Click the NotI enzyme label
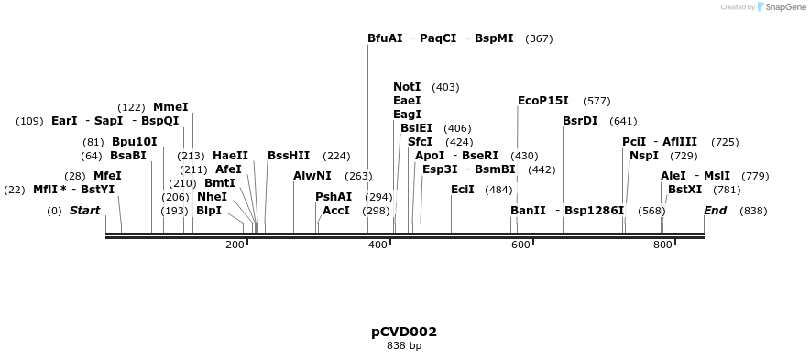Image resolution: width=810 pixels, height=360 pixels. point(407,87)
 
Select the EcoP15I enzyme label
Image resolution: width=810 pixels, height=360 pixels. point(543,101)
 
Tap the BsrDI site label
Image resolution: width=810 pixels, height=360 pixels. point(580,121)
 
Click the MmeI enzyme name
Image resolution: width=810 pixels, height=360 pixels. point(170,107)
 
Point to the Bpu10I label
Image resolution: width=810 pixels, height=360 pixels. point(134,142)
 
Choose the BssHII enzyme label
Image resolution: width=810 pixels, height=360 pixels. point(289,156)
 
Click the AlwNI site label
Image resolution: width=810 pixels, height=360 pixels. point(312,176)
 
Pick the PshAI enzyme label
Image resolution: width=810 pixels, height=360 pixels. point(334,197)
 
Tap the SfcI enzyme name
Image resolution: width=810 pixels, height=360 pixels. point(420,142)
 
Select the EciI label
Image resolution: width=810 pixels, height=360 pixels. point(463,190)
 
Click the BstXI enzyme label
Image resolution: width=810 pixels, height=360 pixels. point(685,190)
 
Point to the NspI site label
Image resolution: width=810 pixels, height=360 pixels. point(644,156)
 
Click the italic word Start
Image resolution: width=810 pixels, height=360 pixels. point(85,211)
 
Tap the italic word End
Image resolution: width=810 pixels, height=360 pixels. point(716,211)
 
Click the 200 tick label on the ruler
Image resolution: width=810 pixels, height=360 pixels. point(235,245)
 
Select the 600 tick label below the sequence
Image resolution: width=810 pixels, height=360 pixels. point(520,245)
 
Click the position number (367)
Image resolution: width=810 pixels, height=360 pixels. point(539,39)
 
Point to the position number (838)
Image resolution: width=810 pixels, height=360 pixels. point(753,211)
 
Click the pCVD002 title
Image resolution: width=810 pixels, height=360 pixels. point(404,332)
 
